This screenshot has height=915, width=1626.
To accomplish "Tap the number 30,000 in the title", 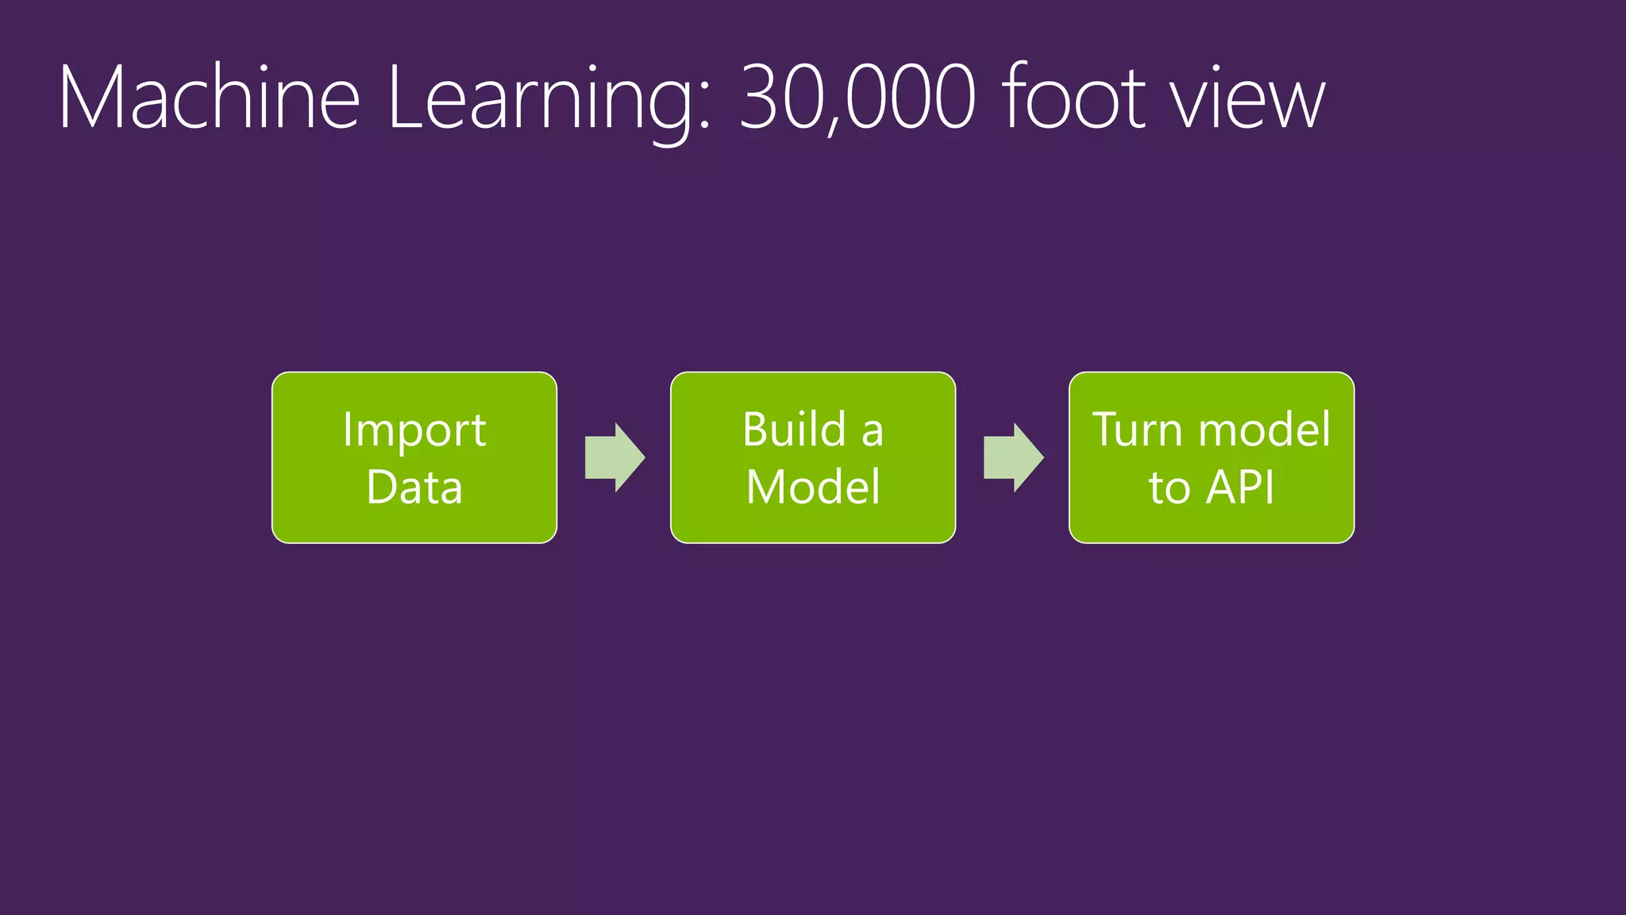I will click(857, 98).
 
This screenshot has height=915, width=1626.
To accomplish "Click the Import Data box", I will click(414, 457).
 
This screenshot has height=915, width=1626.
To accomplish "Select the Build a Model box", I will click(812, 457).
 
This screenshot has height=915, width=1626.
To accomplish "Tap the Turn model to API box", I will click(1211, 457).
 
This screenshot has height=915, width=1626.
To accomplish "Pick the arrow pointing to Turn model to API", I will click(1013, 457).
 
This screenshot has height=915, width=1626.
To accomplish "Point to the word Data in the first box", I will click(414, 486).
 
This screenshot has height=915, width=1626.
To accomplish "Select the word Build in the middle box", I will click(795, 430).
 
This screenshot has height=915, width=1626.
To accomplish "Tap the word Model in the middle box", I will click(813, 486).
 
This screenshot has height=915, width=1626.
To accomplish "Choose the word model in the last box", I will click(1264, 430).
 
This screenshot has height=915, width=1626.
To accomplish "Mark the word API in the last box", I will click(1240, 486).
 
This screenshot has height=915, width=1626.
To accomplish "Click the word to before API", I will click(1169, 488).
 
